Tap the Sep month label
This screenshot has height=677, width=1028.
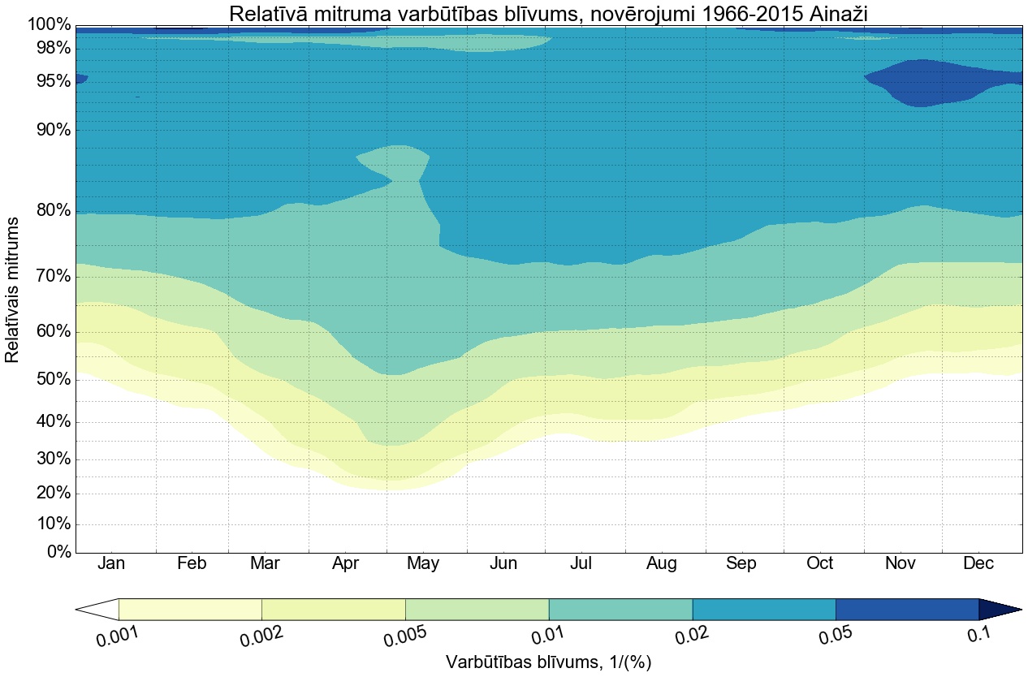click(x=741, y=563)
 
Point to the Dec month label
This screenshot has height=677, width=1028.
click(x=978, y=563)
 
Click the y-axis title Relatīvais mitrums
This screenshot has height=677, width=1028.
click(x=12, y=289)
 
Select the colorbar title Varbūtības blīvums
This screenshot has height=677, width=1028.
click(x=549, y=662)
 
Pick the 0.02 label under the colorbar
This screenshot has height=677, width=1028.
click(x=693, y=636)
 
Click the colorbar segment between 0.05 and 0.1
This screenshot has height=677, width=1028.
click(x=907, y=610)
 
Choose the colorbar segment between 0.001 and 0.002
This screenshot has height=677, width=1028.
click(x=190, y=610)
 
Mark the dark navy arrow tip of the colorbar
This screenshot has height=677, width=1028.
click(x=999, y=610)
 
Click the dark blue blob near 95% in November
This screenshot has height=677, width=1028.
click(x=926, y=83)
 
